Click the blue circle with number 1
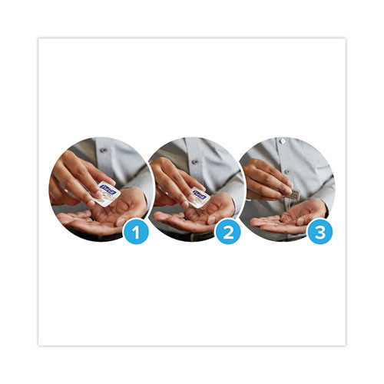[136, 233]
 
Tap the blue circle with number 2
[227, 233]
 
